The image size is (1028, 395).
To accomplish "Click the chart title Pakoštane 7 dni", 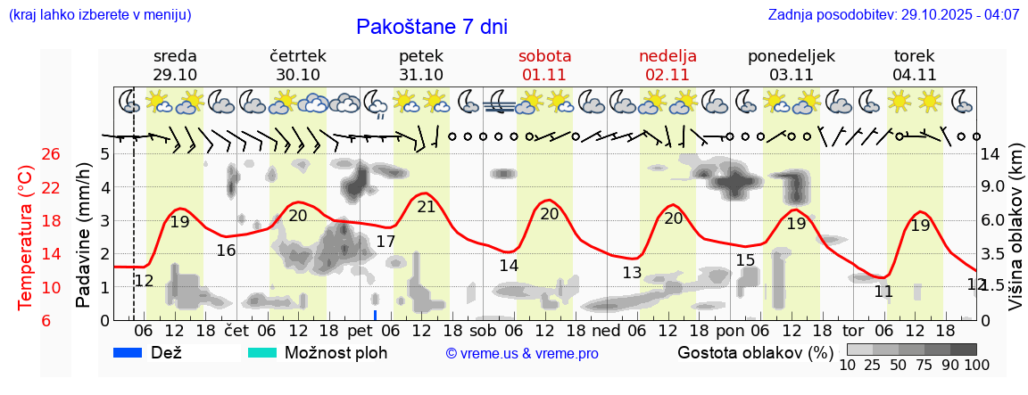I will coord(431,27).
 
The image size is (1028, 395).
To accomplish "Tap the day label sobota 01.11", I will coord(544,65).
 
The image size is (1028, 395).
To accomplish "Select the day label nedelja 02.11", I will coord(667,65).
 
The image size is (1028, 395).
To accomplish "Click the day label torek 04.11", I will coord(914,65).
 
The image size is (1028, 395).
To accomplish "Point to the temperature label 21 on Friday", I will coord(427,207).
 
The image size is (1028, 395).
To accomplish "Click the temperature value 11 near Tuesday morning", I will coord(883,292).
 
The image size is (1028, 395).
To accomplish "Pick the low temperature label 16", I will coord(226,251).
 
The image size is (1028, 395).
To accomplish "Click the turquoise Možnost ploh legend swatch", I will coord(262,352).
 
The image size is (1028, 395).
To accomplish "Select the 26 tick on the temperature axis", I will coord(51,154).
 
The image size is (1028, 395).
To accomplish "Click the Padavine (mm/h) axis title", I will coord(84,235).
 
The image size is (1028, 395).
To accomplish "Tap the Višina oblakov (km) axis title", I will coord(1016,236).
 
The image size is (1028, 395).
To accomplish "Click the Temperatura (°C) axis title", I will coord(25,237).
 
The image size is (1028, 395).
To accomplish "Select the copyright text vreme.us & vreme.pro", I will coord(522,354).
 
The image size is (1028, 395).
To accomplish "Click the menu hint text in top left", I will coord(100,15).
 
